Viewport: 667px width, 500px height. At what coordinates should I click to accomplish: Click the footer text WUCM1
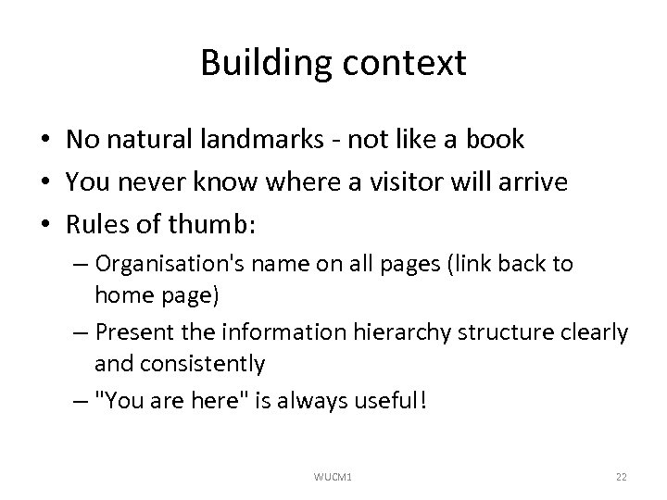pyautogui.click(x=333, y=476)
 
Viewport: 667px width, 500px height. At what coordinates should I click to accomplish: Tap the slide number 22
pyautogui.click(x=622, y=476)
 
